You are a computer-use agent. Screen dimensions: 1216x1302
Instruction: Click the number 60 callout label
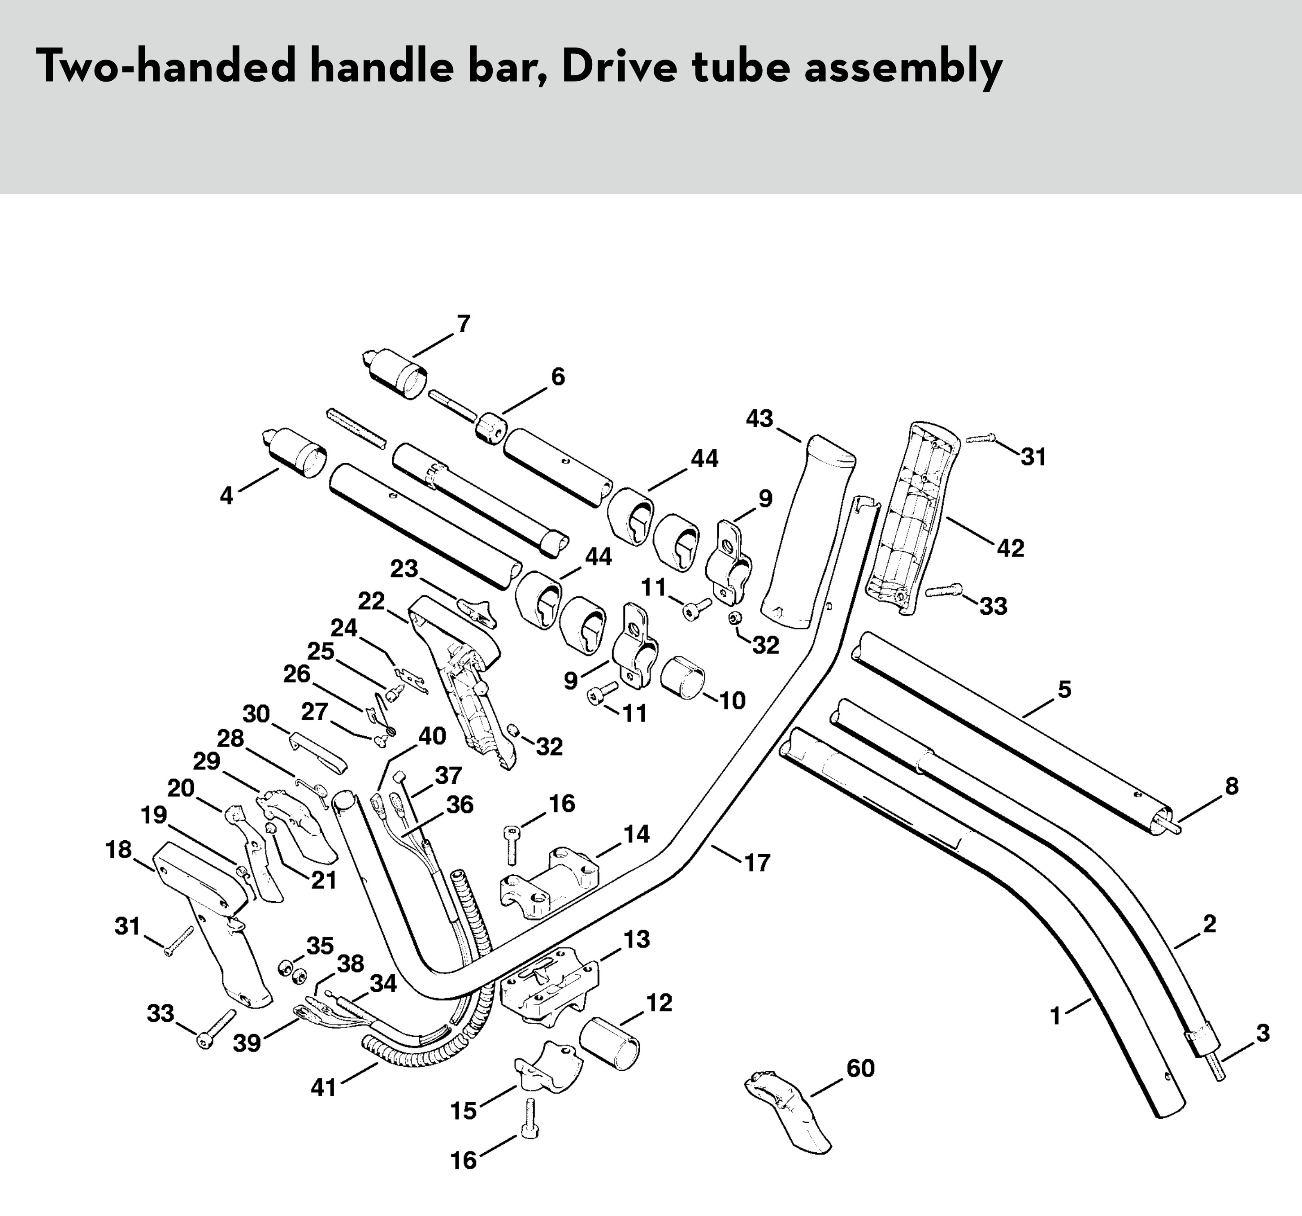(x=860, y=1068)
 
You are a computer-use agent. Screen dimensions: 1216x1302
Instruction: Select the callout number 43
(x=759, y=418)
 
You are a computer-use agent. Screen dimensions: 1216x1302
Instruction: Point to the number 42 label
(x=1010, y=548)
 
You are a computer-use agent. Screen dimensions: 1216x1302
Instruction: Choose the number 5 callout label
(x=1064, y=689)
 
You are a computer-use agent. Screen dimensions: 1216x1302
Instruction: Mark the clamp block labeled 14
(x=550, y=878)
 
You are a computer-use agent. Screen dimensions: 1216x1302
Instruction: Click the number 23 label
(x=404, y=569)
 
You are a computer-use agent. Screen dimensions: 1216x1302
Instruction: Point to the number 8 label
(x=1231, y=786)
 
